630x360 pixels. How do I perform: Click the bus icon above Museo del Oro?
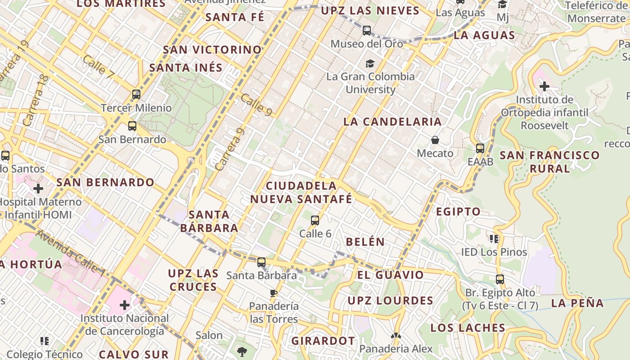click(367, 31)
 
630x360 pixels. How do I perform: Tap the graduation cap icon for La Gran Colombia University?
click(370, 63)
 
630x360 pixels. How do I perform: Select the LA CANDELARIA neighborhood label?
click(392, 121)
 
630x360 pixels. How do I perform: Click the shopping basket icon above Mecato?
click(435, 140)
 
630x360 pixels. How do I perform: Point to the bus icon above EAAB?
click(480, 148)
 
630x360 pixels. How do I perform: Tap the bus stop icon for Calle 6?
click(315, 220)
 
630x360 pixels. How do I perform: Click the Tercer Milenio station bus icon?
click(136, 94)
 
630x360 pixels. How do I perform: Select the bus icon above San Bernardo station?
click(132, 126)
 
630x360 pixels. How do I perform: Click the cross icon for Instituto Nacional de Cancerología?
click(125, 305)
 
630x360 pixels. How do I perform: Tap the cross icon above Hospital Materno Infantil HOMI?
click(38, 188)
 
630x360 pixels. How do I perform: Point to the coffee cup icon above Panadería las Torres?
click(273, 293)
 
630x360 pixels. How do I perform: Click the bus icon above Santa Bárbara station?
click(261, 262)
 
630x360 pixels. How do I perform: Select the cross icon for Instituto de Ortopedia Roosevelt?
click(544, 86)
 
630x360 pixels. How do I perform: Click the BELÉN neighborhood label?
click(365, 242)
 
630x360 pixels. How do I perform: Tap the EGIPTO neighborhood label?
click(458, 211)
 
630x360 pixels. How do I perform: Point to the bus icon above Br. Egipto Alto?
click(499, 279)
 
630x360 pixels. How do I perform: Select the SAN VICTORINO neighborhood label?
click(212, 49)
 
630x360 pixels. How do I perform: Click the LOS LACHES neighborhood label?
click(468, 328)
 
